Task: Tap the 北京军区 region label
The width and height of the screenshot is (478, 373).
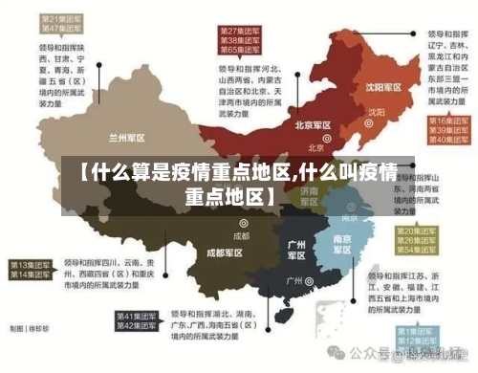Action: point(313,124)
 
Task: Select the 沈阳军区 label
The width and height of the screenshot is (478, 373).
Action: point(386,87)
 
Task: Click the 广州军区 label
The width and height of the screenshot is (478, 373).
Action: point(296,250)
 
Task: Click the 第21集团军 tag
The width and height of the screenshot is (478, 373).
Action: point(57,19)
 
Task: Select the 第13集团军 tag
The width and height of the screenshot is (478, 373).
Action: point(29,263)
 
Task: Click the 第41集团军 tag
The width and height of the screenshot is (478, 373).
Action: point(136,315)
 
